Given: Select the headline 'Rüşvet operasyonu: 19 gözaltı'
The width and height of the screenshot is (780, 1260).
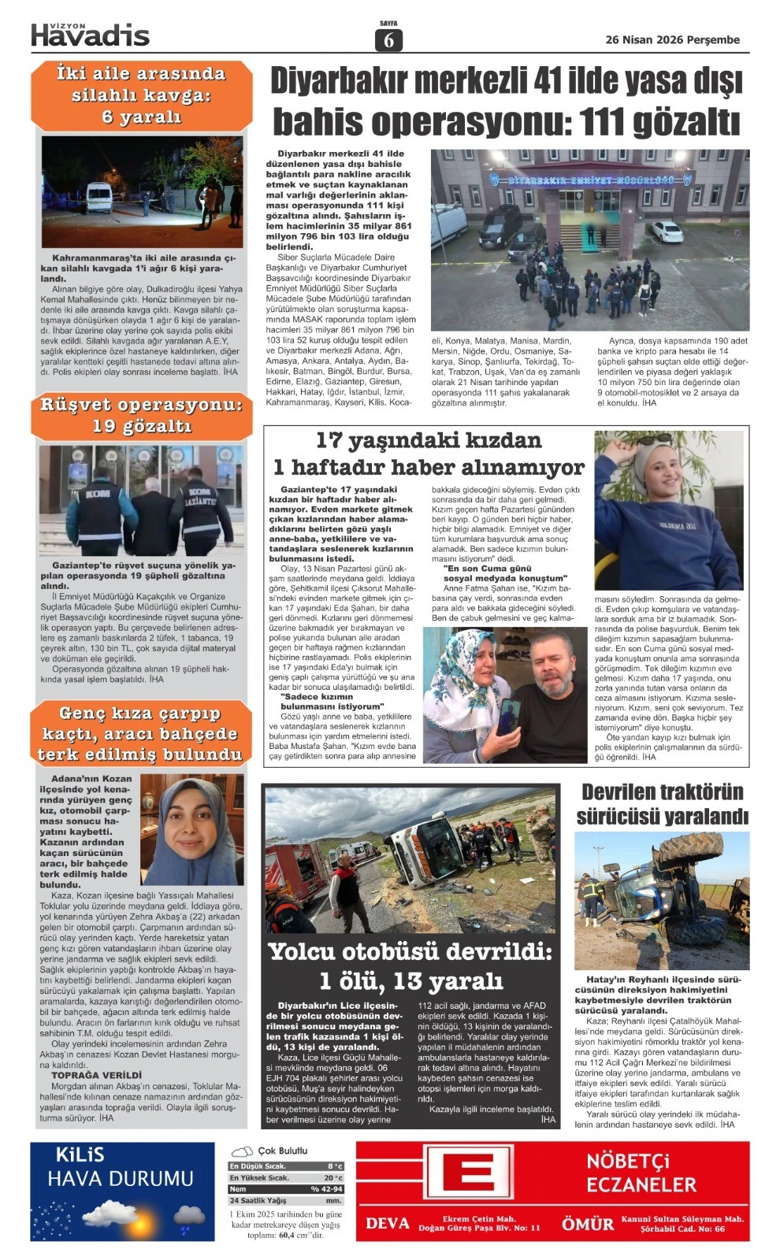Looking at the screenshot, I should point(141,416).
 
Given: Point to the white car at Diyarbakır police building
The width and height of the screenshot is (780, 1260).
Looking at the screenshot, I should point(666,231).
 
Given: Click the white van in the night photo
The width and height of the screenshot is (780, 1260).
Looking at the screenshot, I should point(99,197).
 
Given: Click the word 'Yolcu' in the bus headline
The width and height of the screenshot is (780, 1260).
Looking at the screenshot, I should point(304,951).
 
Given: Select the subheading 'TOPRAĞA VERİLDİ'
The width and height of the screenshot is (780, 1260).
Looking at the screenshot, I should point(96,1075).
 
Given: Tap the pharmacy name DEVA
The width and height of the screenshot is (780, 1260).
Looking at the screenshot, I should point(387,1223).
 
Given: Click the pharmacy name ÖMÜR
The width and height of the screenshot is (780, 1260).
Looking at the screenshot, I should point(587,1224).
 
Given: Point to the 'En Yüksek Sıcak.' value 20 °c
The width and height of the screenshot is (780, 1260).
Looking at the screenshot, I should point(332,1178).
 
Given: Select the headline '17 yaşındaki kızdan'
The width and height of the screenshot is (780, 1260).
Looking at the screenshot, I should point(428,440).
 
